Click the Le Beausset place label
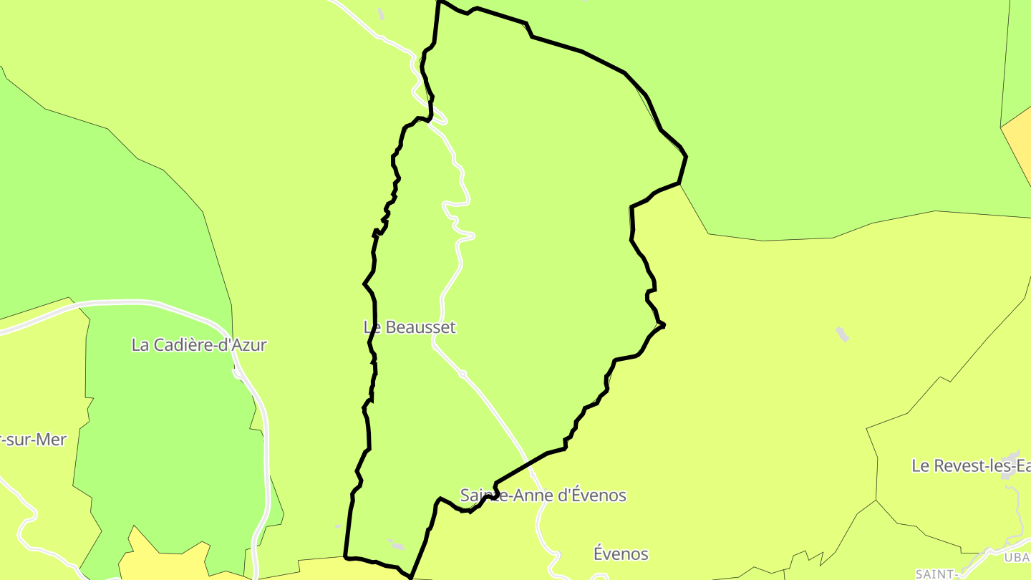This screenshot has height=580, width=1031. click(410, 327)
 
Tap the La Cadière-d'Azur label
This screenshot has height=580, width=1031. click(199, 345)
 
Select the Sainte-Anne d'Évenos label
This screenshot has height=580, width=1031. click(543, 496)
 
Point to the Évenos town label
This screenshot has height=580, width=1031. click(621, 554)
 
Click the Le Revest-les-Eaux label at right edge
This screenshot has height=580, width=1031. click(970, 466)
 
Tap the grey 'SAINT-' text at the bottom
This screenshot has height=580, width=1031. click(936, 574)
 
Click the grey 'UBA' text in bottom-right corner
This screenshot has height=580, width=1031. click(1016, 558)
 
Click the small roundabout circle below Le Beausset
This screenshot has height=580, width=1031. click(463, 374)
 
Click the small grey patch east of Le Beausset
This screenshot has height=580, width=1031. click(842, 334)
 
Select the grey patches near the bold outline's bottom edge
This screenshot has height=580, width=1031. click(395, 544)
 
